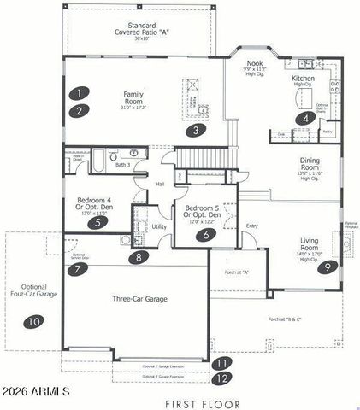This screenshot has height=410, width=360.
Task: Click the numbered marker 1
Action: tap(79, 93)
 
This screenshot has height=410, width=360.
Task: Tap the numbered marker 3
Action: tap(196, 131)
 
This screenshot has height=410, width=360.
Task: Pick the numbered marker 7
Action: tap(78, 269)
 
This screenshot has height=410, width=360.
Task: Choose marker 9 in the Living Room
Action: tap(326, 267)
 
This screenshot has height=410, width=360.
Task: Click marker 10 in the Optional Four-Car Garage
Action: tap(33, 322)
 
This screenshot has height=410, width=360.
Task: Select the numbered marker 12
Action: tap(222, 377)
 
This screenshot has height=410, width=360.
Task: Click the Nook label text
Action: tap(254, 63)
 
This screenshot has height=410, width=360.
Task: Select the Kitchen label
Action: tap(303, 78)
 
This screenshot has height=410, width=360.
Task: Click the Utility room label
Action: tap(160, 226)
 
